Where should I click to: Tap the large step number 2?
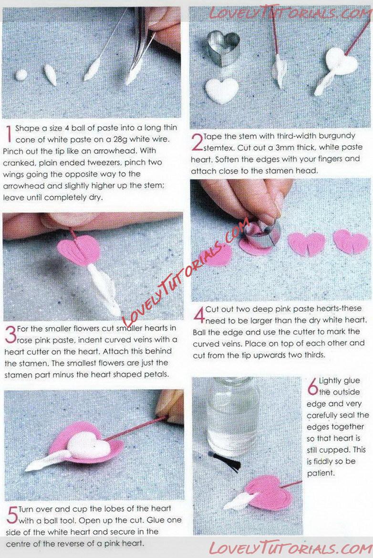(197, 142)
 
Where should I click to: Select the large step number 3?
(10, 335)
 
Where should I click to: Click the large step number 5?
(12, 515)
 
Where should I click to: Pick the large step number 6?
(312, 386)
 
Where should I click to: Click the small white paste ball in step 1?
(21, 75)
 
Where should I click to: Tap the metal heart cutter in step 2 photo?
(224, 48)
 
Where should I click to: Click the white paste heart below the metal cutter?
(221, 90)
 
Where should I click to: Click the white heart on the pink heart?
(89, 445)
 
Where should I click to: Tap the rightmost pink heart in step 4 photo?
(351, 241)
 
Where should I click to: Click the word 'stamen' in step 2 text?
(279, 171)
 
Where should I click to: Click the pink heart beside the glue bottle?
(266, 493)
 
